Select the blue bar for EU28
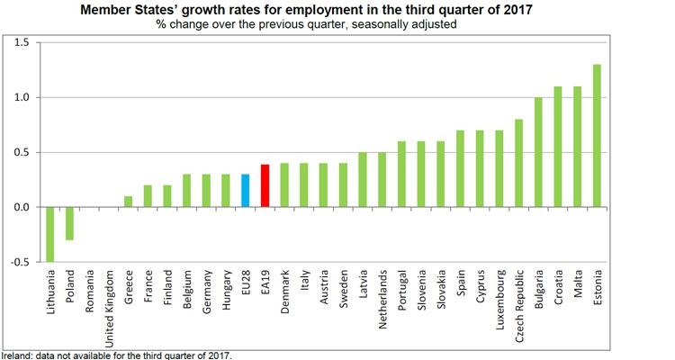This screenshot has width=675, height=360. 245,191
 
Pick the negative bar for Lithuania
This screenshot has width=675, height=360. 50,234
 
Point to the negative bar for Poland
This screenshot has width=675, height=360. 70,224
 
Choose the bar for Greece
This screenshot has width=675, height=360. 127,202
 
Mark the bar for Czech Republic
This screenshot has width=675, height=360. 519,163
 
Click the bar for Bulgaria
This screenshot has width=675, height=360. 539,152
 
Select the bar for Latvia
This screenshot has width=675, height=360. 363,180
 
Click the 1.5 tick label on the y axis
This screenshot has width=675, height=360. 22,42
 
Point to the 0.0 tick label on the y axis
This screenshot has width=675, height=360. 22,208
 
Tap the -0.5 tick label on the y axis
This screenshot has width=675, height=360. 20,263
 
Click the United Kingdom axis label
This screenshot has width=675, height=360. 109,306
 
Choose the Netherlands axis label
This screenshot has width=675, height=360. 382,299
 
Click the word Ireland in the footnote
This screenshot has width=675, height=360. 16,355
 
